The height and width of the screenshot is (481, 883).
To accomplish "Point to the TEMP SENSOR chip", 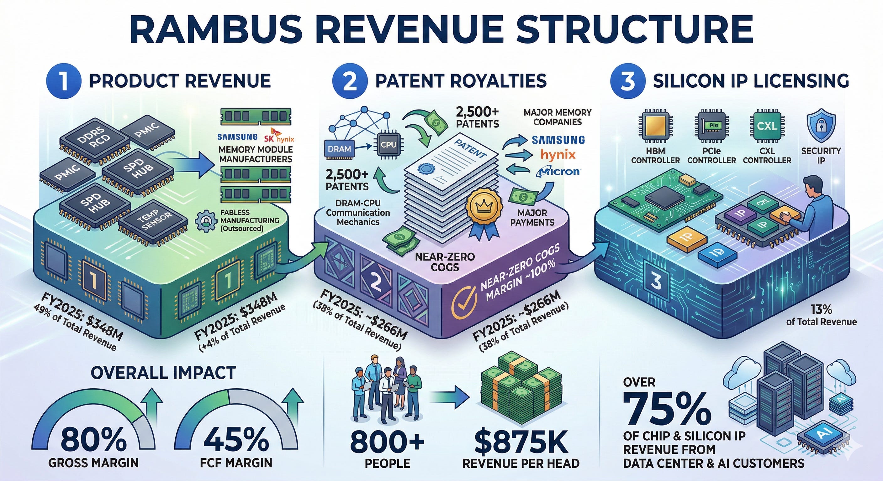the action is coord(153,221).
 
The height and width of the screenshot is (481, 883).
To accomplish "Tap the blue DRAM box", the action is coord(339,148).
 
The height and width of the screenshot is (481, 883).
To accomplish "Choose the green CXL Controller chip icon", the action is coord(766,126).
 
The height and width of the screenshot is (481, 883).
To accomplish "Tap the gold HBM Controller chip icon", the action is coord(655,126).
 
